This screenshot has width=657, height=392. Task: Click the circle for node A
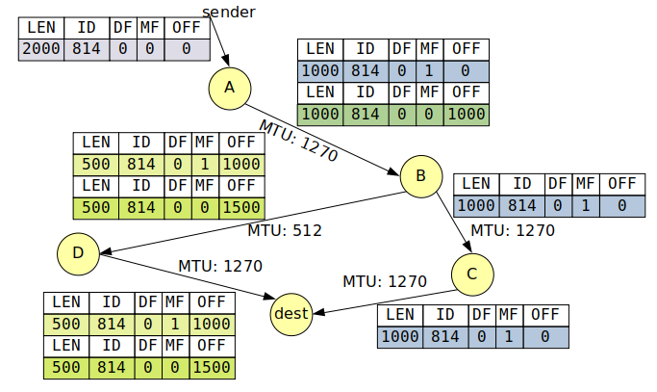pyautogui.click(x=229, y=88)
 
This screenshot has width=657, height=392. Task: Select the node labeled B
pyautogui.click(x=420, y=175)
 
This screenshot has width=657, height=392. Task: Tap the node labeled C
pyautogui.click(x=471, y=274)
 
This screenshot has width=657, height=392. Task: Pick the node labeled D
pyautogui.click(x=79, y=253)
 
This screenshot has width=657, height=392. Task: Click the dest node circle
pyautogui.click(x=291, y=314)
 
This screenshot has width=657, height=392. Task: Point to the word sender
pyautogui.click(x=229, y=12)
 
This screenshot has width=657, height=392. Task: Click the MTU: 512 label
pyautogui.click(x=285, y=231)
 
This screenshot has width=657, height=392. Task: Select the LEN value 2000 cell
pyautogui.click(x=41, y=49)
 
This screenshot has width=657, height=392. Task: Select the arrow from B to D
pyautogui.click(x=250, y=223)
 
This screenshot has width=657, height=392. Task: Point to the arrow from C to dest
pyautogui.click(x=385, y=300)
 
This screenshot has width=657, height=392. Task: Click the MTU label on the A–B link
pyautogui.click(x=297, y=141)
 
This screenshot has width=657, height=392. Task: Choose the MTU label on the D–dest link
pyautogui.click(x=220, y=266)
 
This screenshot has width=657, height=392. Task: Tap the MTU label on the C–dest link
pyautogui.click(x=385, y=281)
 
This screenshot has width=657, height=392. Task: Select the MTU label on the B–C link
pyautogui.click(x=513, y=231)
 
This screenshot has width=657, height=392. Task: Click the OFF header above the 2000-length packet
pyautogui.click(x=186, y=28)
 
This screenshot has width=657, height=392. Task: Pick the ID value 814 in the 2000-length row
pyautogui.click(x=88, y=49)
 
